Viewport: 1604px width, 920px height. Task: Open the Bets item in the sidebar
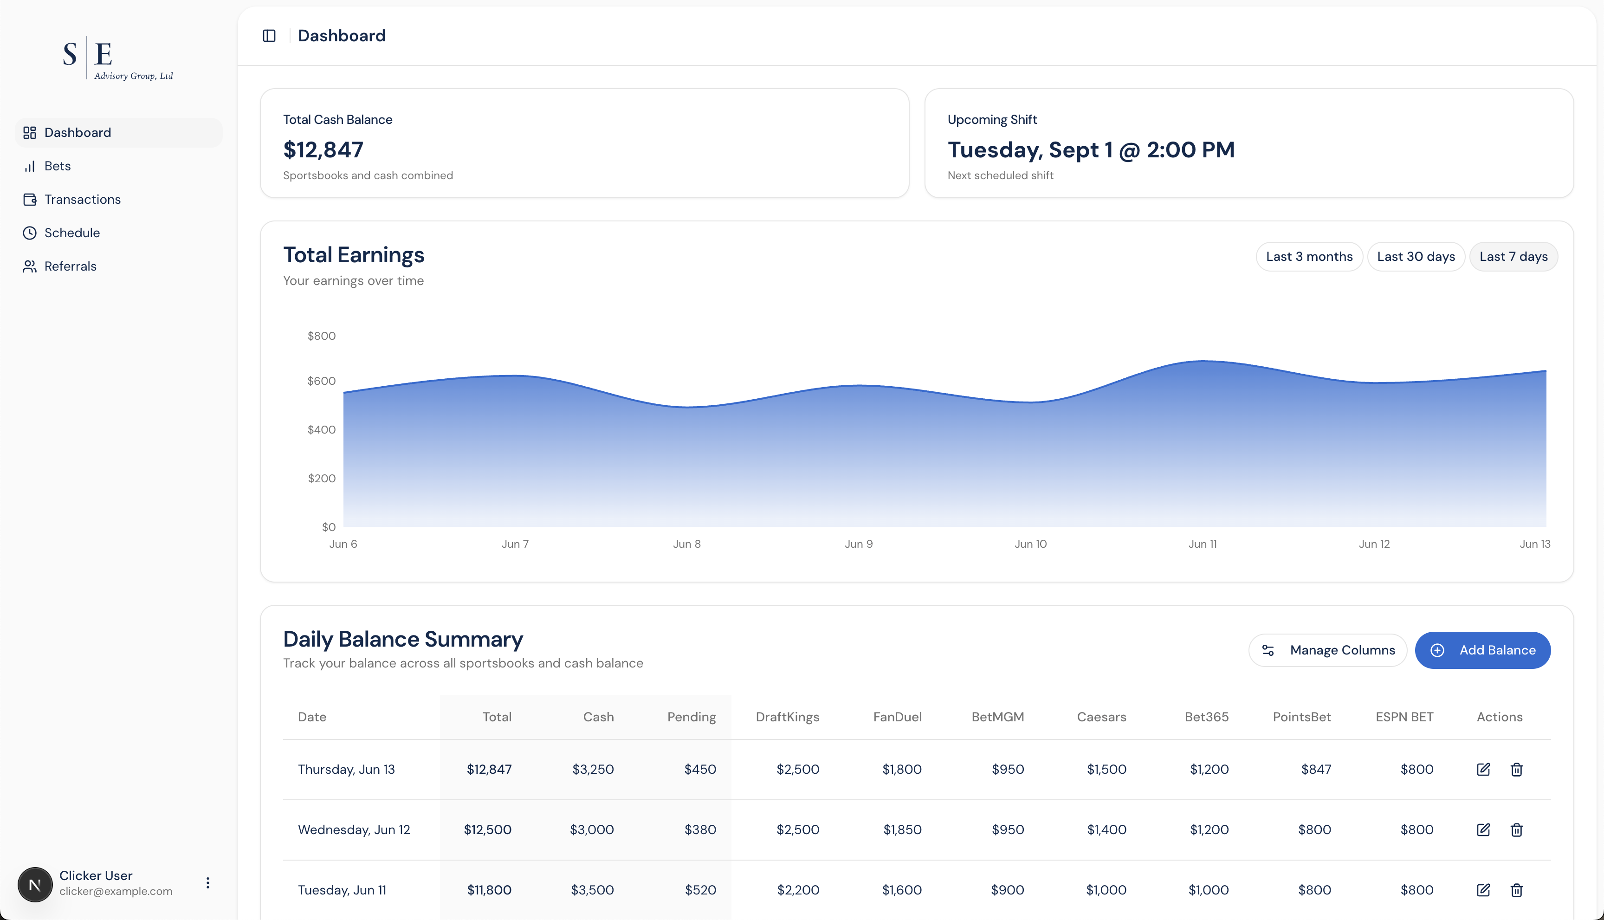click(x=57, y=166)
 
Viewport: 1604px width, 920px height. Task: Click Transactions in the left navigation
click(x=82, y=200)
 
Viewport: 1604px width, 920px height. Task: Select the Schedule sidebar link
click(x=71, y=233)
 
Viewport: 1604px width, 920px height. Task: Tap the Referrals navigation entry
click(x=70, y=266)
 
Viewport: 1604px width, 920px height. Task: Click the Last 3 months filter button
click(x=1309, y=257)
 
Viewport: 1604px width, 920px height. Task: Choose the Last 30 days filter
click(x=1416, y=257)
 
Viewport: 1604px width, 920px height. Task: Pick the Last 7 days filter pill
click(x=1513, y=257)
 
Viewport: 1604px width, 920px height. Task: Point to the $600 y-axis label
click(x=322, y=381)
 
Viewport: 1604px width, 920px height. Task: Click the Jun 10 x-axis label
click(x=1030, y=544)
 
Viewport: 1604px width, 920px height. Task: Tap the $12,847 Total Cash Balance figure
click(x=323, y=150)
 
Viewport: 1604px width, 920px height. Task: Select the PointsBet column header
click(x=1301, y=717)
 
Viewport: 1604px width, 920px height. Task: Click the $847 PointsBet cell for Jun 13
click(x=1316, y=770)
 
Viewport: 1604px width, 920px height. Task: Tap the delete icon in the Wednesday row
click(x=1516, y=830)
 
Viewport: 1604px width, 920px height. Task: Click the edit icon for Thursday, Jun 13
click(x=1483, y=770)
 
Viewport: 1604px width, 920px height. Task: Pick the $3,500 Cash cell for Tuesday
click(x=592, y=890)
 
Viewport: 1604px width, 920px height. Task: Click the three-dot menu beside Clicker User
click(x=208, y=883)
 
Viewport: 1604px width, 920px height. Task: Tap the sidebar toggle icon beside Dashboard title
click(x=269, y=36)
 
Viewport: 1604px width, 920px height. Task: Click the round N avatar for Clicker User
click(x=35, y=884)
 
